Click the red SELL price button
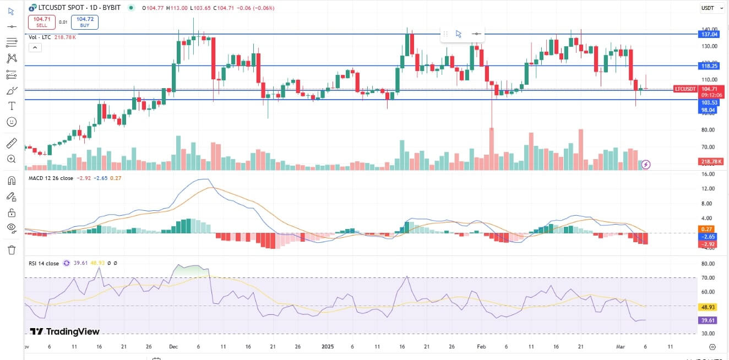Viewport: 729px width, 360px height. click(42, 22)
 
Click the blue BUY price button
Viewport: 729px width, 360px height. click(84, 22)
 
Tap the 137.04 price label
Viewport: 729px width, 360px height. click(708, 34)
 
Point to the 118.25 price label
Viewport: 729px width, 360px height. click(708, 66)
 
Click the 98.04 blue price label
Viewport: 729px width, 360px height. click(708, 110)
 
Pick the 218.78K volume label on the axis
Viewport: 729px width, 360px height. click(709, 161)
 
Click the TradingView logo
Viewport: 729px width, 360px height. click(65, 331)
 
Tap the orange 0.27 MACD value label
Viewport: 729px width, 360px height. click(706, 228)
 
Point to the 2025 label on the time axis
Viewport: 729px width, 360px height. click(328, 347)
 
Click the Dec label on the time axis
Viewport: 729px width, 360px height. click(174, 347)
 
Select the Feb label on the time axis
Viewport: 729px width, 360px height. click(481, 347)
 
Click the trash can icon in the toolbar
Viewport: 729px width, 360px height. click(12, 250)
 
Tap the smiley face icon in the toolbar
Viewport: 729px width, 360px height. click(12, 121)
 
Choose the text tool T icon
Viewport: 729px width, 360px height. click(12, 106)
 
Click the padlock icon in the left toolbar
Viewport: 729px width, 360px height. click(12, 212)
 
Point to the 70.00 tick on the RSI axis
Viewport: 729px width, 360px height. click(708, 277)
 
